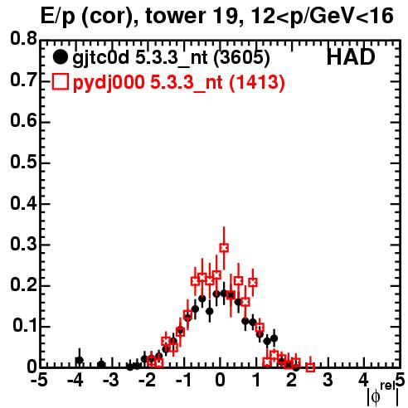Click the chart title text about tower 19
217,17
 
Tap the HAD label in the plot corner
351,57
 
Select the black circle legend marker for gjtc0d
60,57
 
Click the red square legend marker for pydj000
60,82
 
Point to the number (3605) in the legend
242,58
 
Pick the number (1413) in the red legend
257,83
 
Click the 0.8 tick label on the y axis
23,39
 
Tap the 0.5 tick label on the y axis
23,162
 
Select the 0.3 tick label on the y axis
23,244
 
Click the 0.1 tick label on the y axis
25,325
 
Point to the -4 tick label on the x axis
75,381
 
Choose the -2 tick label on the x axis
148,381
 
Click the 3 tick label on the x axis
328,381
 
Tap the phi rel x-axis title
383,395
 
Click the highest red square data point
224,248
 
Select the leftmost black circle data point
80,361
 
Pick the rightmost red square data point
310,367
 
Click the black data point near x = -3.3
101,365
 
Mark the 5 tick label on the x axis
400,381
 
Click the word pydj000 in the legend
109,83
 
